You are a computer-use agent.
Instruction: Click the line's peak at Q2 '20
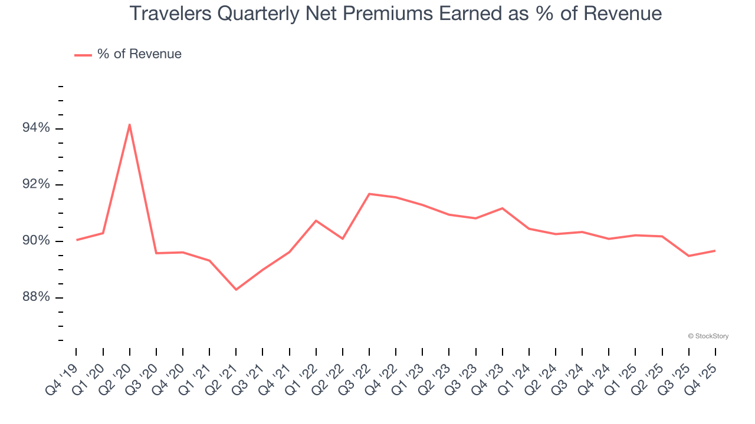point(129,124)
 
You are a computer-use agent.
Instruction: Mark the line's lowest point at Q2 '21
point(236,289)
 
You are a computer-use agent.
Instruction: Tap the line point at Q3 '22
point(369,194)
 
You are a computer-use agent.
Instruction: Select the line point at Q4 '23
point(502,208)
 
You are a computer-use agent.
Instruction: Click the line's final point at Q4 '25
point(715,251)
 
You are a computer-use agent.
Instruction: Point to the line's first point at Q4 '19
point(77,240)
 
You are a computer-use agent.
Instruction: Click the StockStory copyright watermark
point(708,336)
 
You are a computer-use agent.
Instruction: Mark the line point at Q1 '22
point(316,220)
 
